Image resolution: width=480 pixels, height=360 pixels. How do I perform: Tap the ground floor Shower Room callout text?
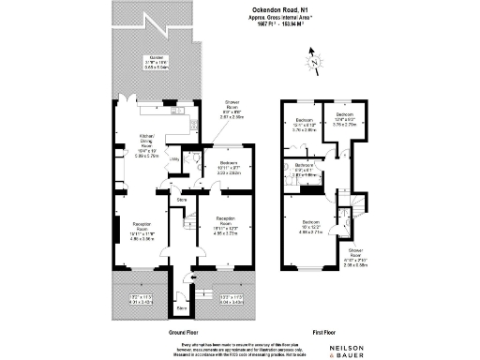pos(232,110)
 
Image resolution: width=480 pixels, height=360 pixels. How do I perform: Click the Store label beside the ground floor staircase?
pos(182,199)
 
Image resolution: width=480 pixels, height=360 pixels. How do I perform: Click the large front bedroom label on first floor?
pos(309,229)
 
